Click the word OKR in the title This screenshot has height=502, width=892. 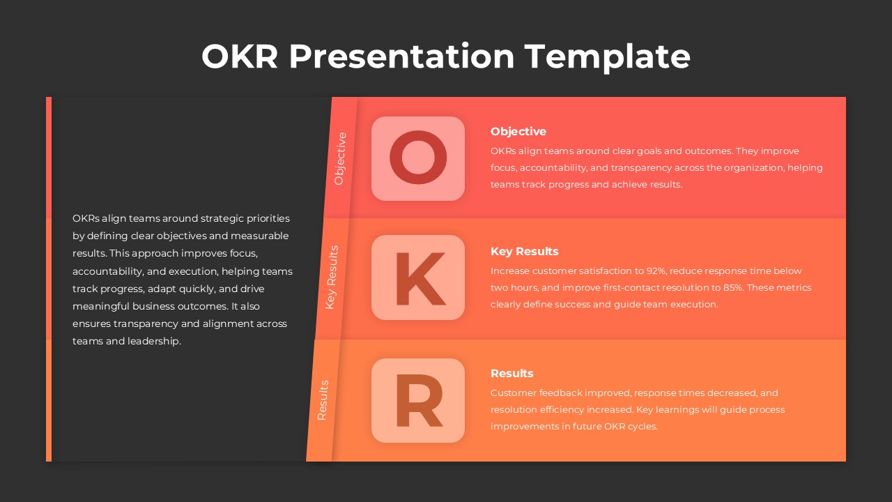[x=240, y=56]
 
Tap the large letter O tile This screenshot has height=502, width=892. [x=418, y=159]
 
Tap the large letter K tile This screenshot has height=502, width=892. [x=418, y=278]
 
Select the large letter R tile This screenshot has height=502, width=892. [x=418, y=401]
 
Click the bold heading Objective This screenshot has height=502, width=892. [x=518, y=131]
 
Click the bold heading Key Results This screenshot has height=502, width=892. [x=524, y=251]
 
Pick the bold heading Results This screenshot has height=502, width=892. [x=512, y=373]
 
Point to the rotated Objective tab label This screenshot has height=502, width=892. [x=340, y=158]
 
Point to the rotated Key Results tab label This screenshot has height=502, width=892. [x=332, y=277]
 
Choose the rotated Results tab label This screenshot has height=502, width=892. [x=323, y=400]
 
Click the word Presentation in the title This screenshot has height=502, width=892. [x=401, y=56]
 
